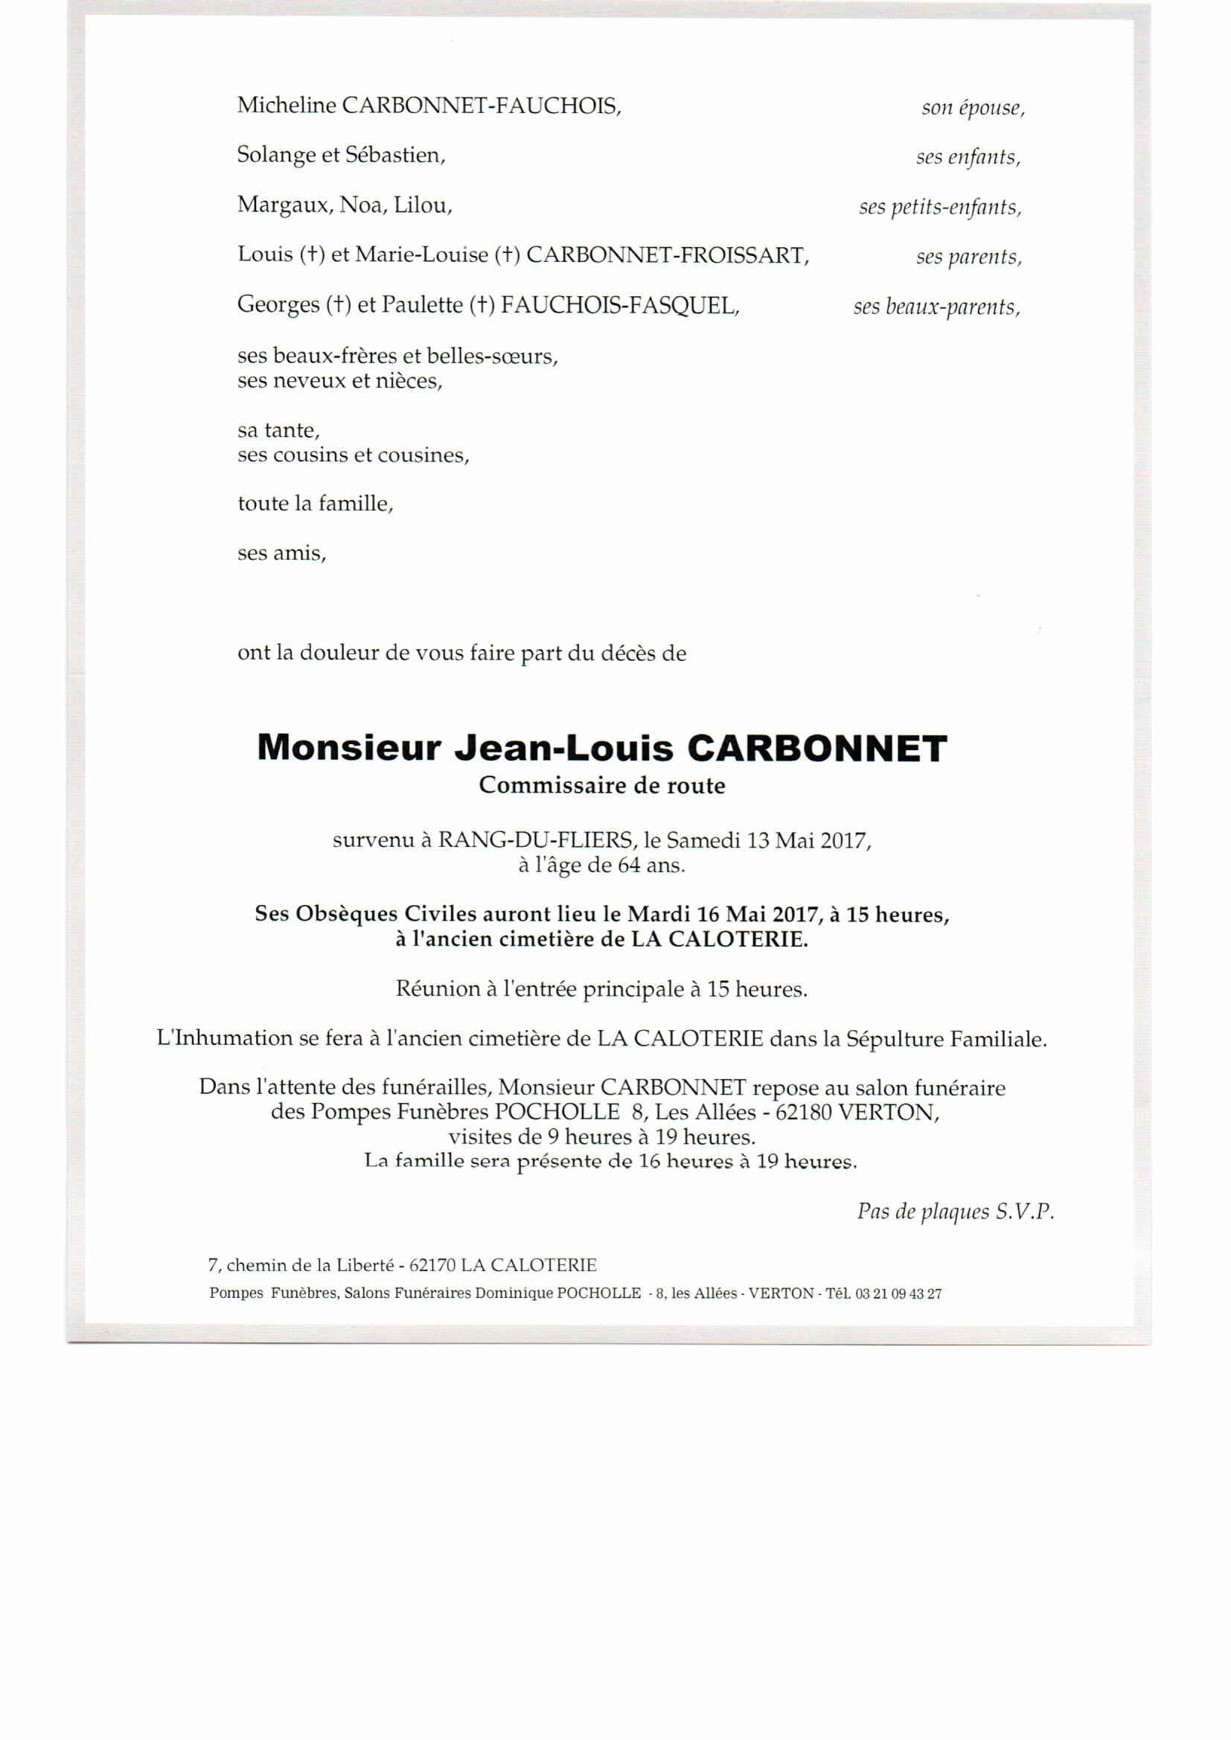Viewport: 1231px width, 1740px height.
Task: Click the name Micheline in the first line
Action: [x=287, y=106]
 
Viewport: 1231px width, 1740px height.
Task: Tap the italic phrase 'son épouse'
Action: [x=973, y=109]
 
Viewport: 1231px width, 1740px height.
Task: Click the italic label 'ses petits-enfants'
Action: [x=940, y=207]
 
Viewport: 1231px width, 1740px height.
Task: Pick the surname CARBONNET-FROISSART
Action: [x=667, y=255]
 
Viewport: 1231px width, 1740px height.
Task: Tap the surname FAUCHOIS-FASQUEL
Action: [x=619, y=304]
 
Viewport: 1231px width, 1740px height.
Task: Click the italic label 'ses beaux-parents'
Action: [x=936, y=307]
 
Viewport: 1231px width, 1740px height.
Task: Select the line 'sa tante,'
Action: [x=279, y=430]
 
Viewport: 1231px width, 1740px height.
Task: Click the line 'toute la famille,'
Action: [x=316, y=504]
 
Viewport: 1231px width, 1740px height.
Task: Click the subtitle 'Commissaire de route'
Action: [x=602, y=786]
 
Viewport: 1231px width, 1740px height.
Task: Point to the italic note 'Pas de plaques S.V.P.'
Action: [x=955, y=1212]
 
